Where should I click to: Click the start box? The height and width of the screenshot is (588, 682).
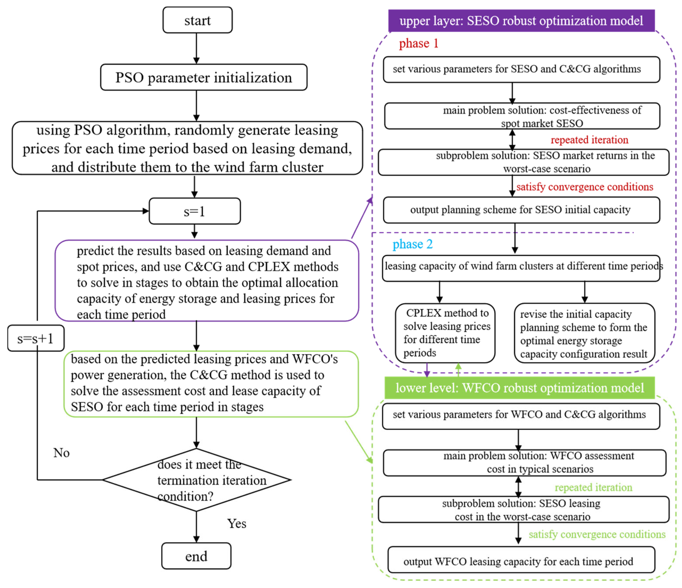point(197,20)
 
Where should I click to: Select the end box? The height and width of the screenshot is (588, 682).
point(196,556)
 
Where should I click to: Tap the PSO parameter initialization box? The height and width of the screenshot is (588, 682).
point(204,77)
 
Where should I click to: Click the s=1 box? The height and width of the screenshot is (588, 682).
point(195,211)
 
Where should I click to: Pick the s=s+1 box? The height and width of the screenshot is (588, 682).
point(36,338)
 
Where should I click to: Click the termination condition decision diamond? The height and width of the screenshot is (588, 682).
point(197,480)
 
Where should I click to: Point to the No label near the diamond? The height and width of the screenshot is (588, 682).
point(61,453)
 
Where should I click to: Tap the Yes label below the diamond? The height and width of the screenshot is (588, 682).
point(236,524)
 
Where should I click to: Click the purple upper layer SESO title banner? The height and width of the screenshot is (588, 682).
point(521,21)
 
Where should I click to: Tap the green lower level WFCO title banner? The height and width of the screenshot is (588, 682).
point(519,388)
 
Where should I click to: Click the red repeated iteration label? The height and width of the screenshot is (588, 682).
point(589,140)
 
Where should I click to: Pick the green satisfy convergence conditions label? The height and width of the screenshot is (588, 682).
point(597,534)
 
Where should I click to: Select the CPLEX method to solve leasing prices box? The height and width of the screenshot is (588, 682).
point(445,333)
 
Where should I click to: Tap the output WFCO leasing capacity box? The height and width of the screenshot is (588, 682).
point(521,561)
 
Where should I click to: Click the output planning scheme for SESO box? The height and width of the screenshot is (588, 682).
point(521,210)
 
